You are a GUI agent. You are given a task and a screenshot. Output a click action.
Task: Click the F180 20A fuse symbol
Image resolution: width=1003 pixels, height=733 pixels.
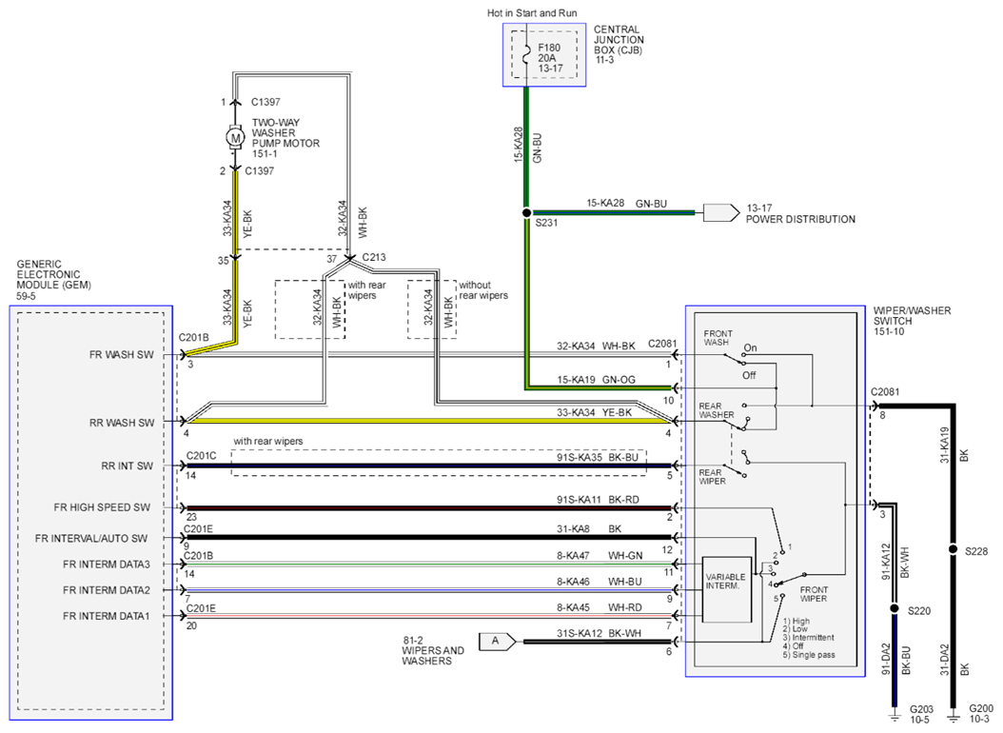coord(526,55)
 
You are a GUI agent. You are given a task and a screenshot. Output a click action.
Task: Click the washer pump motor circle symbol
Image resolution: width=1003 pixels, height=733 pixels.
coord(235,137)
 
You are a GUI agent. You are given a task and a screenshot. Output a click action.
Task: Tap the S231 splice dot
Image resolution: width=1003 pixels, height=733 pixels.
coord(526,212)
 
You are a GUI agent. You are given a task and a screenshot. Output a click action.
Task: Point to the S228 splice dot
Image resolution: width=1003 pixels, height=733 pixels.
coord(954,549)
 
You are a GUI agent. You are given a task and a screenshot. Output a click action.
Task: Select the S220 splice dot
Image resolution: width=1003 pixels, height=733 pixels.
coord(895,608)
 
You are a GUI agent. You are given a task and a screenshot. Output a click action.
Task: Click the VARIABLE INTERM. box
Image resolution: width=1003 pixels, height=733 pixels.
coord(727,589)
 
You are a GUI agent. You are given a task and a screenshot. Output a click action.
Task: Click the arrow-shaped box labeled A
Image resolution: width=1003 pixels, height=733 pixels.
coord(497,641)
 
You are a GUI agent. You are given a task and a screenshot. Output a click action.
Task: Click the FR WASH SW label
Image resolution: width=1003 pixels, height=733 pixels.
coord(122,355)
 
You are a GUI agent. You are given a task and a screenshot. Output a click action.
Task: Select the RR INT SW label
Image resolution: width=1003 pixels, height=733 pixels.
coord(128,466)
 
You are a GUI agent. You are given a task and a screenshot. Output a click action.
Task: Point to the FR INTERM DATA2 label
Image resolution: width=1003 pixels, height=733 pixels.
coord(107,590)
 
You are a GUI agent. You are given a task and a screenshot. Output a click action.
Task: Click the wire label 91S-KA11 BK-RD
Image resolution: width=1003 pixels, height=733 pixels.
coord(598,500)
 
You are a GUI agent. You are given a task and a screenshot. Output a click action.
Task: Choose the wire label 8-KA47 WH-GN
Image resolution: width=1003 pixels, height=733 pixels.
coord(600,556)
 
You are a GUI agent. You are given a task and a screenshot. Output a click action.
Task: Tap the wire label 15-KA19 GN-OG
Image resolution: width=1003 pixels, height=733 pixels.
coord(596,380)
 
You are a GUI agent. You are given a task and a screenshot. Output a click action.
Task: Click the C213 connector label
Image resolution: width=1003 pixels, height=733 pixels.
coord(374,257)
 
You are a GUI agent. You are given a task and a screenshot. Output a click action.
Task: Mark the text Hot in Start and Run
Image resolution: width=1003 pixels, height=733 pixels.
coord(532,12)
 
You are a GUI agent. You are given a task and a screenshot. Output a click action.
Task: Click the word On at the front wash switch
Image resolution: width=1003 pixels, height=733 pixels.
coord(750,348)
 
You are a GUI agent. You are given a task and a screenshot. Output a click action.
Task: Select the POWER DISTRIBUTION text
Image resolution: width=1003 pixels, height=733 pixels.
coord(800,219)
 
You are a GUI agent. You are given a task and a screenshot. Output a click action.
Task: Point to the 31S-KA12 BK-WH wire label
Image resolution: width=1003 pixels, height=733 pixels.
coord(599,633)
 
